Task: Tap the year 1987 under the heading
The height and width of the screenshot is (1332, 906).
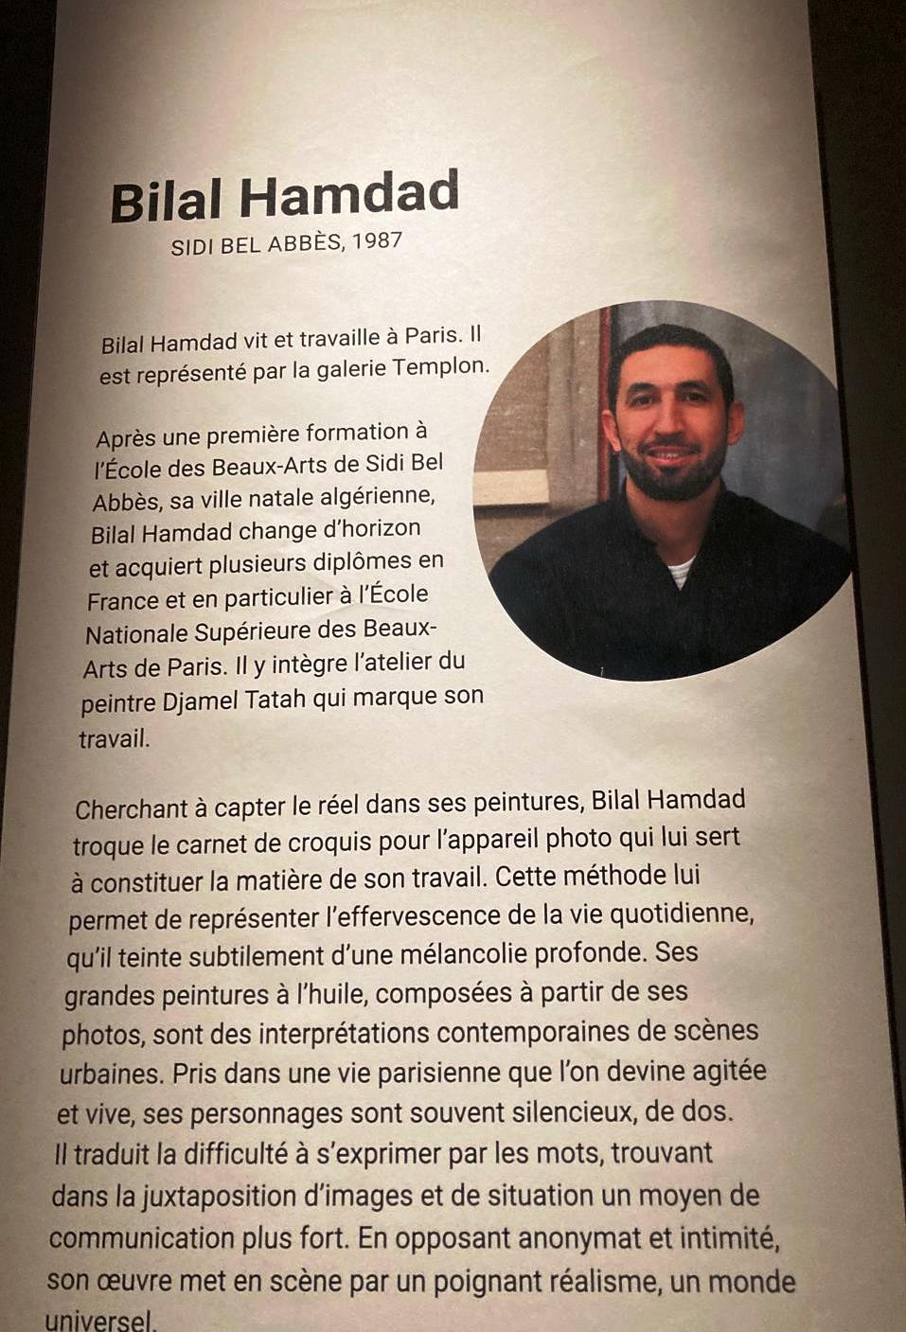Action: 377,240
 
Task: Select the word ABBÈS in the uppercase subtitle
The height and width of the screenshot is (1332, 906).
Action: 307,244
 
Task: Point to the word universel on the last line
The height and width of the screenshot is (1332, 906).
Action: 98,1321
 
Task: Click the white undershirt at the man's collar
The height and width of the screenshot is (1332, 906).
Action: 681,571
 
